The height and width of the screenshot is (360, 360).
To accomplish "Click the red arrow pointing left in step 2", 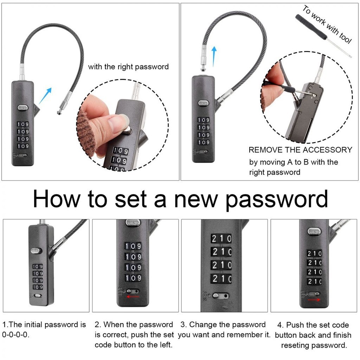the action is pos(133,297).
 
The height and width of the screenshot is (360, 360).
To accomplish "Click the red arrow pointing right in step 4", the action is pos(314,300).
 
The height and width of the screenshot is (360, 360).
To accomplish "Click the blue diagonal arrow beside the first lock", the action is pos(45,96).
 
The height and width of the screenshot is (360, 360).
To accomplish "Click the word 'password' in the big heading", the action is pos(277,199).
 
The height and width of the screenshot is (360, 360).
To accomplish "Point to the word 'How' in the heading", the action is pos(57,199).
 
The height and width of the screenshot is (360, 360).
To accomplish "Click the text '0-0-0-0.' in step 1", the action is pos(16,335).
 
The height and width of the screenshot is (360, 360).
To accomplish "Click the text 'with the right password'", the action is pos(128,67).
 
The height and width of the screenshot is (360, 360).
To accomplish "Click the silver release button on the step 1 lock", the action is pos(36,251).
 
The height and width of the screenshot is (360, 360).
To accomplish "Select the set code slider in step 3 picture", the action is pos(221,296).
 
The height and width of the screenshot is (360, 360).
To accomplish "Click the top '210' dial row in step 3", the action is pos(221,239).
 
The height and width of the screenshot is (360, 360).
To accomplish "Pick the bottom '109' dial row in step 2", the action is pos(133,278).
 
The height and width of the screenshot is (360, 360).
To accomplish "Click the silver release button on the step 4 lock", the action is pos(314,231).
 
